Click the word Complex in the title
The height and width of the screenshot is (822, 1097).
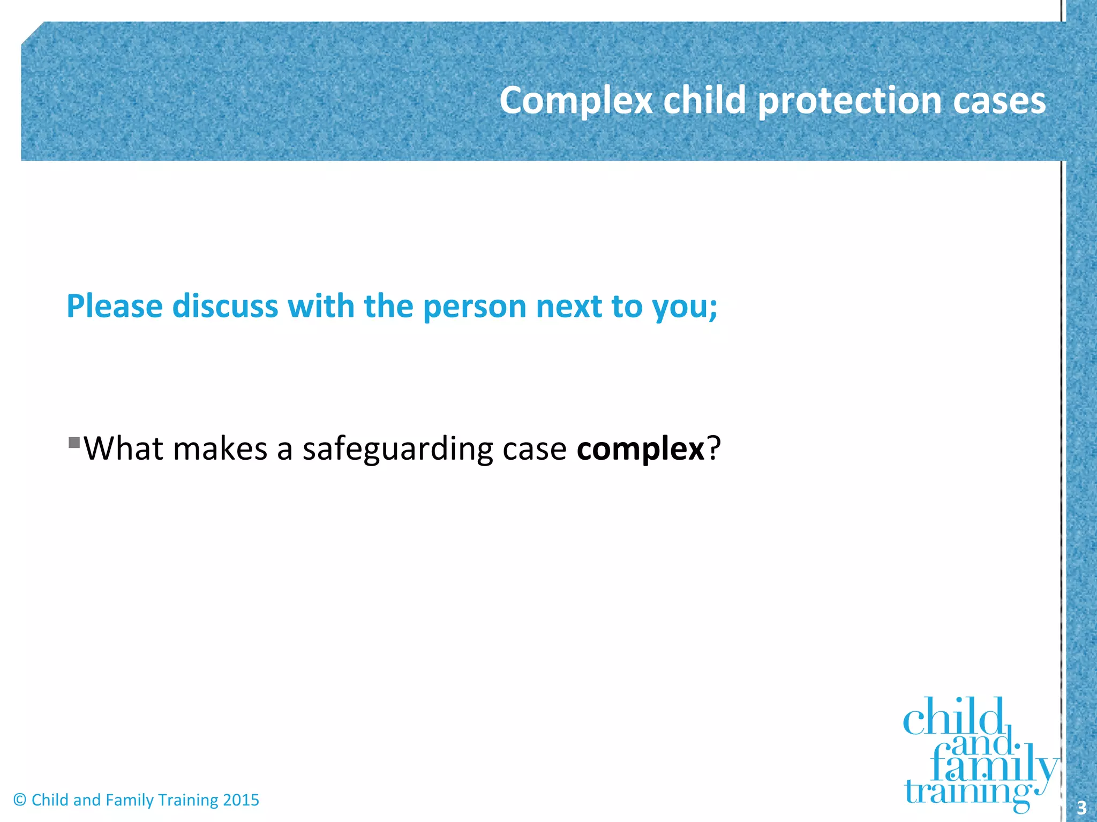click(x=576, y=101)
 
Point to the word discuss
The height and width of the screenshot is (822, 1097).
click(x=225, y=306)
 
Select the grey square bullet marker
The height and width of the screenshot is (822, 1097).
click(x=74, y=443)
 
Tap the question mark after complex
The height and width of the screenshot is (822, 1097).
click(x=714, y=448)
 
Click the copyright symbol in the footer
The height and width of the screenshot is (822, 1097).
click(x=20, y=800)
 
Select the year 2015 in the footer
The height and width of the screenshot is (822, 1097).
click(x=241, y=800)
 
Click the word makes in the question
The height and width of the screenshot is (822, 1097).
click(x=220, y=448)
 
